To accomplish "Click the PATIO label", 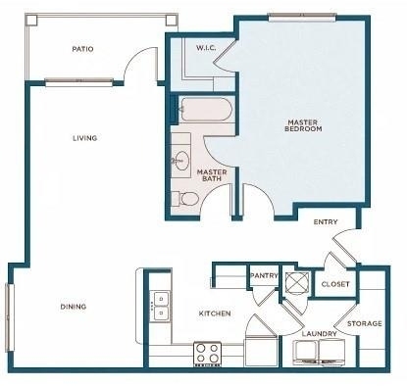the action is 82,49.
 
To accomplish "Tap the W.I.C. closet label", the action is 206,48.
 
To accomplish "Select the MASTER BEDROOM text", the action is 303,125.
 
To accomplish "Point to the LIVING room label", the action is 85,138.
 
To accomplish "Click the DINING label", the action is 74,307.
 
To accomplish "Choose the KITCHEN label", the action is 215,314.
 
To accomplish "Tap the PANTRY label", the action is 264,275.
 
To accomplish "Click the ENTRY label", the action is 326,222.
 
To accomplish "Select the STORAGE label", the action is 365,323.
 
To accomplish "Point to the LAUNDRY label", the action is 319,334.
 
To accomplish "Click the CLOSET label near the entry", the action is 335,284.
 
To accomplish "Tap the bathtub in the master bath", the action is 206,110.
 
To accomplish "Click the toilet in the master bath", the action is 185,199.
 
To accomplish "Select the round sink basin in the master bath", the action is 181,161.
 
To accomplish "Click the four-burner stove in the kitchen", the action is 208,354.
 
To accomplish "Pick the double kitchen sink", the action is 160,307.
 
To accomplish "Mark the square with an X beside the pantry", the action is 297,281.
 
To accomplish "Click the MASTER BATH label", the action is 212,175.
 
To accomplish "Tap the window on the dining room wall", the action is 10,317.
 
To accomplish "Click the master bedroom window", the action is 302,18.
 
